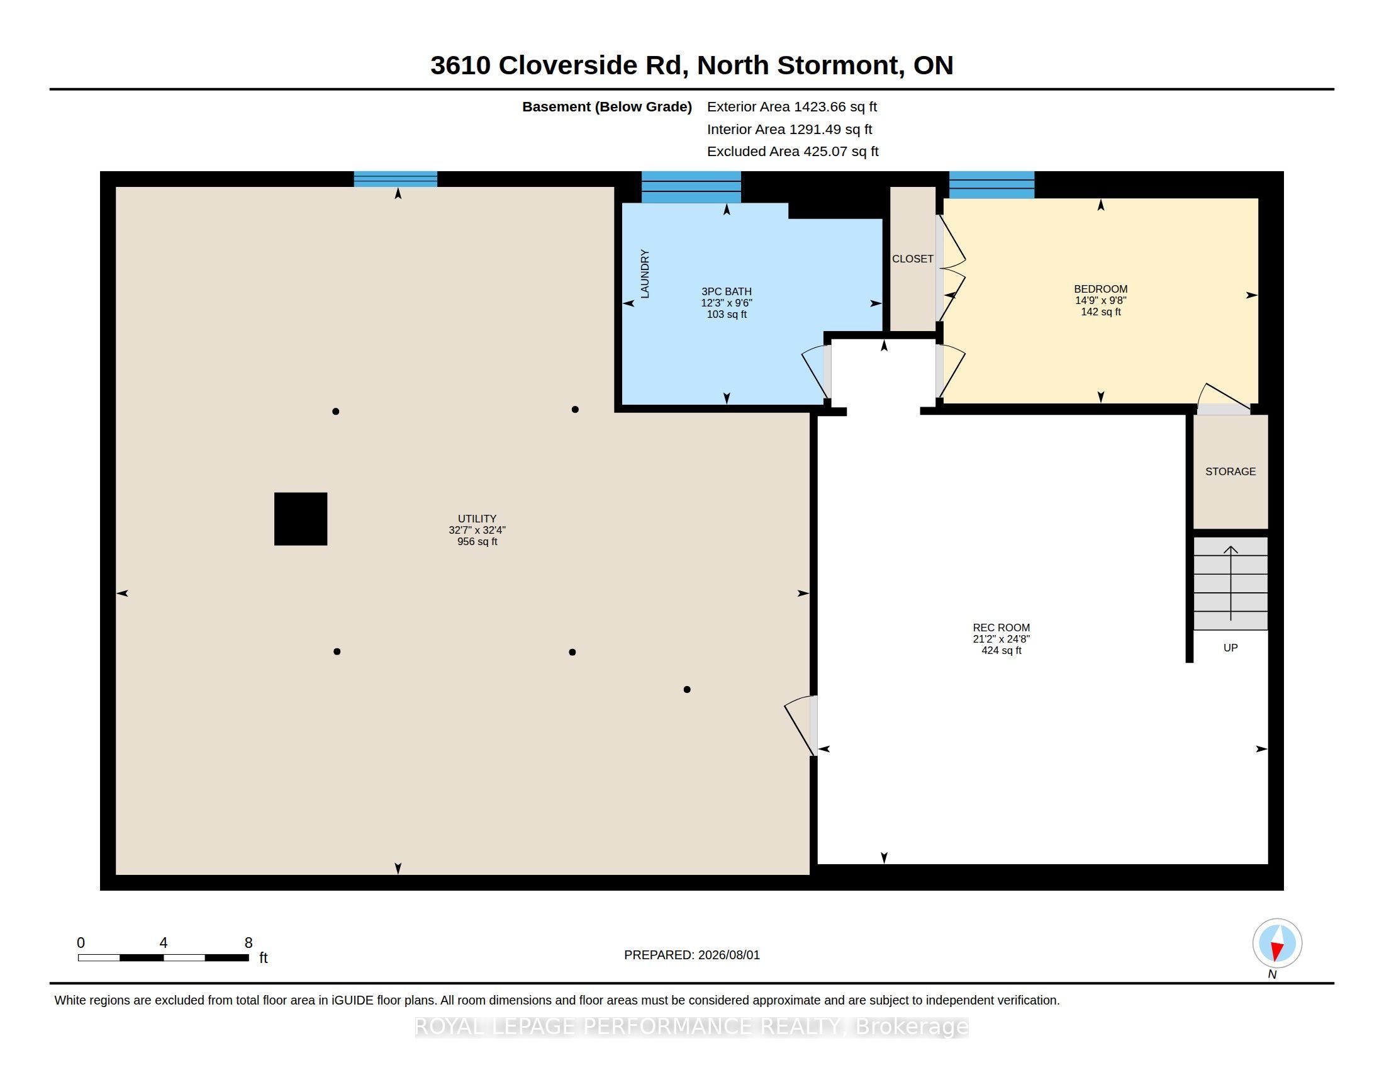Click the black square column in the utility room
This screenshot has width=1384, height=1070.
click(x=300, y=519)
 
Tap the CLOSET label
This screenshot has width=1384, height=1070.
click(x=913, y=259)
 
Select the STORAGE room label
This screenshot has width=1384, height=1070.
click(x=1230, y=471)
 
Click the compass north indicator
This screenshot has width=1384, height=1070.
click(x=1277, y=944)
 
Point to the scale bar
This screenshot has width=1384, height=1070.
click(x=164, y=957)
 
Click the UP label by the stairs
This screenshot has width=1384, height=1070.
click(x=1230, y=648)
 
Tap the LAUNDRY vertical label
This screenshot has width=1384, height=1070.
click(x=645, y=274)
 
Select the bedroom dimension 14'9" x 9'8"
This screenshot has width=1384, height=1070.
click(x=1101, y=300)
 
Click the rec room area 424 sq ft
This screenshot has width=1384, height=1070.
click(x=1002, y=650)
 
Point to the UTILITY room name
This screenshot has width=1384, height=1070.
click(x=477, y=519)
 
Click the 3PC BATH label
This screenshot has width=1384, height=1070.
click(x=726, y=291)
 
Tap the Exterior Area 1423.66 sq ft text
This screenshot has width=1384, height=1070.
click(x=792, y=106)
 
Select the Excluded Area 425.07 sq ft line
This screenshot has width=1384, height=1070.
click(x=793, y=152)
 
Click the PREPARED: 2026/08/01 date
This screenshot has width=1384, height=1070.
click(x=692, y=955)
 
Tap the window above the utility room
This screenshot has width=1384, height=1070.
click(x=396, y=179)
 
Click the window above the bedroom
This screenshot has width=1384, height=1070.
click(x=991, y=184)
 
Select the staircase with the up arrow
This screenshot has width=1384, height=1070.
click(x=1231, y=583)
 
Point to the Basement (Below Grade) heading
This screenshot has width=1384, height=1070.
click(x=606, y=107)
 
